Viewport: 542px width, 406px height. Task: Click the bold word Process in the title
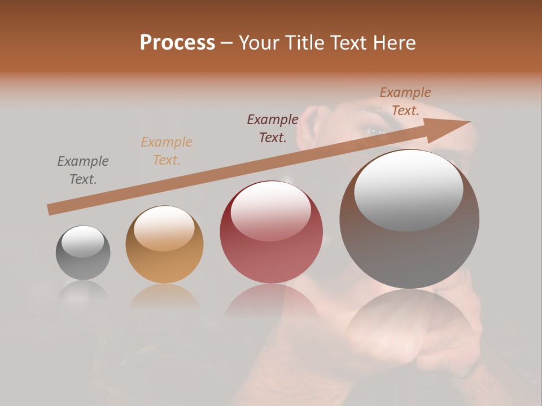coord(177,43)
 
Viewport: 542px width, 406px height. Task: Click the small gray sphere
coord(83,253)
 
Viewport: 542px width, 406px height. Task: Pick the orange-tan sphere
coord(164,245)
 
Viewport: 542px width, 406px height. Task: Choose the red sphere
coord(271,232)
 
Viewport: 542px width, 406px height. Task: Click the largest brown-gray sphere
coord(409,220)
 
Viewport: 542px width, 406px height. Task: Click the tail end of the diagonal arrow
coord(51,209)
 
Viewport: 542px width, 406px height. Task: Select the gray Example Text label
coord(83,170)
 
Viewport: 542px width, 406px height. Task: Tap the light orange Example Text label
coord(167,151)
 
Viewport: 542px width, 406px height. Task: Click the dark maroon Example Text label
coord(273,129)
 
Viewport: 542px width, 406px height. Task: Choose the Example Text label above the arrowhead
coord(405,101)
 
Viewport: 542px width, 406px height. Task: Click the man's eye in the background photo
coord(375,131)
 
